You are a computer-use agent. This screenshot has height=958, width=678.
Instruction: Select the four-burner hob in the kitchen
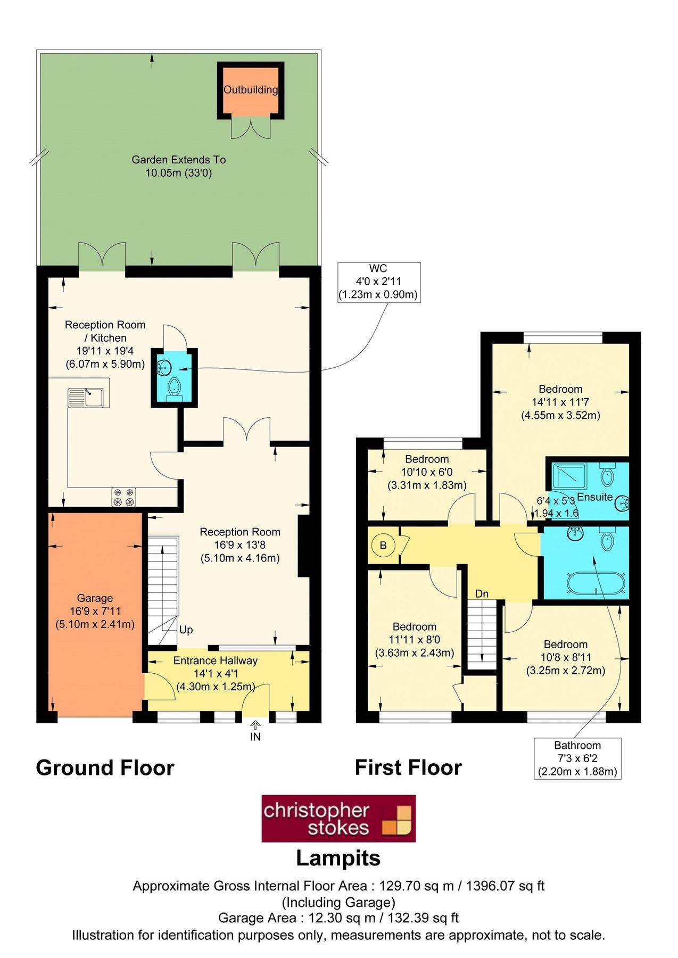[x=123, y=497]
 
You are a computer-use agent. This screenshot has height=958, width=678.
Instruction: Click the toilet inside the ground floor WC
[x=174, y=387]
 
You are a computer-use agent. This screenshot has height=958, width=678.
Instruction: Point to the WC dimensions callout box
[x=379, y=282]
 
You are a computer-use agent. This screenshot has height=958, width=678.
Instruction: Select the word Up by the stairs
[x=186, y=630]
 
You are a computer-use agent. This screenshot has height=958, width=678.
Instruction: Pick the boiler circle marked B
[x=383, y=546]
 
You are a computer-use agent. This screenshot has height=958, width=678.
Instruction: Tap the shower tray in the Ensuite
[x=569, y=476]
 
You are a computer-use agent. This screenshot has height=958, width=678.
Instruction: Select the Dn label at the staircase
[x=482, y=593]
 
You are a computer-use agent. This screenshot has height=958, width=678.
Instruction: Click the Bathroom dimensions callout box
[x=577, y=758]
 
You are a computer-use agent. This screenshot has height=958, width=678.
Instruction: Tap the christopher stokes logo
[x=338, y=819]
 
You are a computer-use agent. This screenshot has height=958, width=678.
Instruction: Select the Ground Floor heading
[x=105, y=767]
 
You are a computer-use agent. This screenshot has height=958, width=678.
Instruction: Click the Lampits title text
[x=338, y=858]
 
